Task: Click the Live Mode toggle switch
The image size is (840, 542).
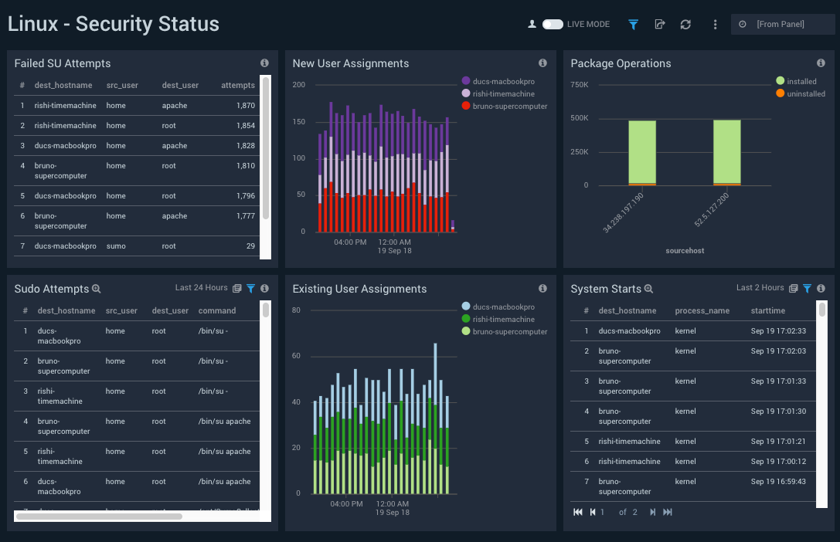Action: [552, 25]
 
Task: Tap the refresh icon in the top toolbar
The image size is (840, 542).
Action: [685, 25]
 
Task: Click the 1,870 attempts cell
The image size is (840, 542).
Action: [245, 106]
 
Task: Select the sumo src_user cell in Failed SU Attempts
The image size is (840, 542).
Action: [116, 246]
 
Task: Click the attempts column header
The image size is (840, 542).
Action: [237, 86]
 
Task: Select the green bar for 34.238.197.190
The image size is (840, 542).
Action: [642, 151]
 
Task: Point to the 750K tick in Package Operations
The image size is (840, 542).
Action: [579, 84]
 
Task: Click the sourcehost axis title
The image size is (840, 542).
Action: [684, 251]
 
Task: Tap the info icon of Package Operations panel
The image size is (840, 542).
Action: [821, 63]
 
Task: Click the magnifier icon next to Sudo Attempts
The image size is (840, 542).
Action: [97, 289]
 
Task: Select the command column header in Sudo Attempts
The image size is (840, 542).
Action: [217, 311]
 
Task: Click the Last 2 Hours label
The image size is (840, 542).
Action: [760, 288]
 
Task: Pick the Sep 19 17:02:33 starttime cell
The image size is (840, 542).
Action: [778, 331]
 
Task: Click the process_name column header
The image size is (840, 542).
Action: [702, 311]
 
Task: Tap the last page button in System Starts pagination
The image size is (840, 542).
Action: [668, 512]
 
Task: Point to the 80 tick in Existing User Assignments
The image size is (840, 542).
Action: [296, 310]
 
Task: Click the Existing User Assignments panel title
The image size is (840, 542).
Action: [359, 289]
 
